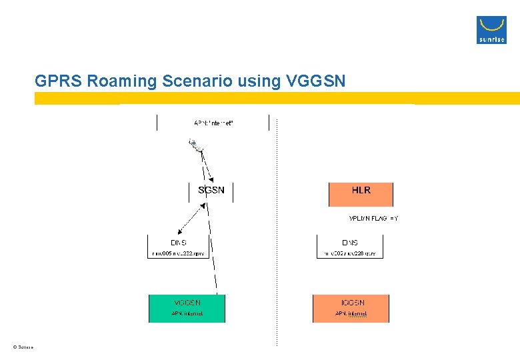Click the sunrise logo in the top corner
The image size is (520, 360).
tap(491, 29)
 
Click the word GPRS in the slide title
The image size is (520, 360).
tap(58, 82)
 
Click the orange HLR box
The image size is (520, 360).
tap(361, 194)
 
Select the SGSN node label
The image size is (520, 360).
tap(211, 190)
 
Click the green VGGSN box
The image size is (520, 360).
tap(187, 308)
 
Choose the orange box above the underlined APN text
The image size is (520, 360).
tap(351, 308)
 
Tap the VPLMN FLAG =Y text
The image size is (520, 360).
tap(373, 219)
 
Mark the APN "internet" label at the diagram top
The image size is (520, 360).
tap(213, 123)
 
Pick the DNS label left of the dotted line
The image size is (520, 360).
tap(179, 243)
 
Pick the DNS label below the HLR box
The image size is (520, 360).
tap(350, 243)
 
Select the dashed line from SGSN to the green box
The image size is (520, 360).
tap(211, 247)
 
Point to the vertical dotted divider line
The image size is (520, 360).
tap(276, 267)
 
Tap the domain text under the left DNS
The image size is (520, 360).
tap(178, 253)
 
